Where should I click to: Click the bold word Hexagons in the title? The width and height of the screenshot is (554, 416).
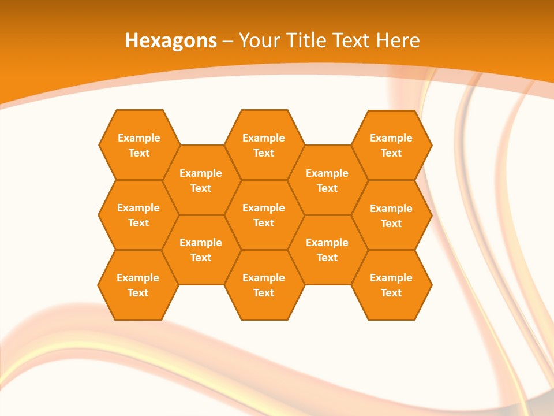(171, 40)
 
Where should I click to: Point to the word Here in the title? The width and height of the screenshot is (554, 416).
(398, 40)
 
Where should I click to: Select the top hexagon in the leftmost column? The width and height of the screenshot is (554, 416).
(138, 145)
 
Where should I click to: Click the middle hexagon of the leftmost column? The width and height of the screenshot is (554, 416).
(138, 215)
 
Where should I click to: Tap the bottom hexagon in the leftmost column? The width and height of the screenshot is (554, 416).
(138, 285)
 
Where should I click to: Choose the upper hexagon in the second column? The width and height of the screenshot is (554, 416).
(201, 180)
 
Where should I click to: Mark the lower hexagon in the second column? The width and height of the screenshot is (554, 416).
(201, 250)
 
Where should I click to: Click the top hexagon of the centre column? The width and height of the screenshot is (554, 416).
(264, 145)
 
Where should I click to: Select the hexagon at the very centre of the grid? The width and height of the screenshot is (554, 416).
(264, 215)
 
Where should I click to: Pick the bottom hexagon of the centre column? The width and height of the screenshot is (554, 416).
(264, 285)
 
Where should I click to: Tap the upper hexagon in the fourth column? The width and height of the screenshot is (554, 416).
(327, 180)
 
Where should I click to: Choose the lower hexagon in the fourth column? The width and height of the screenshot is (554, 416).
(327, 250)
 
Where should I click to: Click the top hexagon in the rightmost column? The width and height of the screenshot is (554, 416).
(391, 145)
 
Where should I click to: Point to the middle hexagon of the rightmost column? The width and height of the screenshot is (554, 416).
(391, 216)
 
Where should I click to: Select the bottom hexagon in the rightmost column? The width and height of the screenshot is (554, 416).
(391, 285)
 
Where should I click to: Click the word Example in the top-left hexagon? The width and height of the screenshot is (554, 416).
(138, 138)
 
